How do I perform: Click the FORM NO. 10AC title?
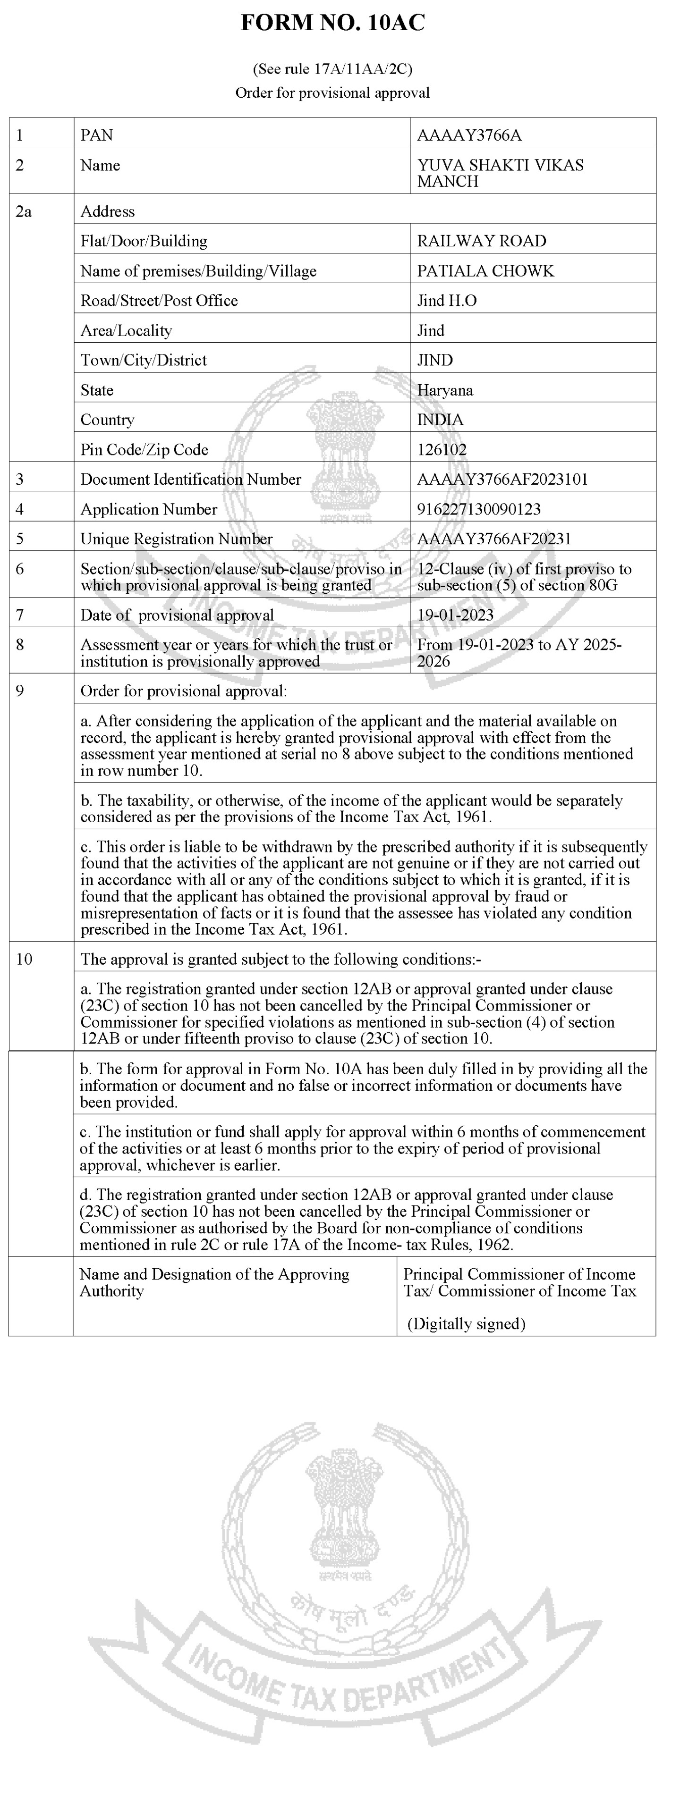(x=332, y=23)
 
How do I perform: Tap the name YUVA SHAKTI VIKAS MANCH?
(x=500, y=173)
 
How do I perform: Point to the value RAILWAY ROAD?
(x=481, y=241)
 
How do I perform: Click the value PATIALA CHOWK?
(x=485, y=270)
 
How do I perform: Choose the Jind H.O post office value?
(x=447, y=301)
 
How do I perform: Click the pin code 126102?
(x=442, y=450)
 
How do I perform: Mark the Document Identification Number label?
(x=191, y=480)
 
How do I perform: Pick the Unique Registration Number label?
(x=177, y=539)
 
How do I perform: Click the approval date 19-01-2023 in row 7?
(x=455, y=615)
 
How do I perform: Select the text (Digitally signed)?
(x=466, y=1324)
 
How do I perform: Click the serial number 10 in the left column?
(x=24, y=959)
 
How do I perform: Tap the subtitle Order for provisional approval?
(x=332, y=93)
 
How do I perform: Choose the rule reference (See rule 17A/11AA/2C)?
(x=332, y=69)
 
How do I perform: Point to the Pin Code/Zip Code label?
(x=144, y=450)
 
